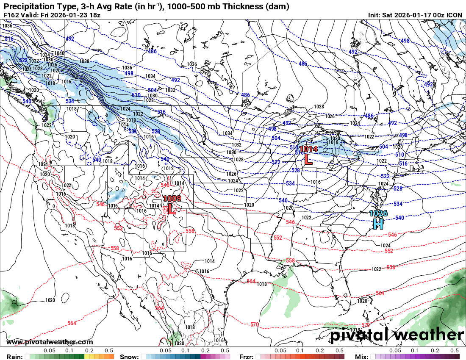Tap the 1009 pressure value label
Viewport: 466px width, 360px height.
(x=172, y=198)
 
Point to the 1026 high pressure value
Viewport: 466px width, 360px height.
(x=378, y=213)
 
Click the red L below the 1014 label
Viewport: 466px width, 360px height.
(x=308, y=159)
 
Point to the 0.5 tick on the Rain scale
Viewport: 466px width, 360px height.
(x=109, y=351)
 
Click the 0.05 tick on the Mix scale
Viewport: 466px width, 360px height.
(x=395, y=351)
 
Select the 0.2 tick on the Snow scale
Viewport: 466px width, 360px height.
(x=205, y=351)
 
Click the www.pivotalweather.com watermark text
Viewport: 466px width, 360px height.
(x=50, y=342)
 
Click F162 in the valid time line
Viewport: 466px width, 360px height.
(x=11, y=15)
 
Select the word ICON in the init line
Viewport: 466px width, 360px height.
(x=455, y=15)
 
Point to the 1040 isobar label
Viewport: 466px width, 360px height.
(x=59, y=53)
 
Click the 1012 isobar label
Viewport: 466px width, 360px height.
(x=169, y=169)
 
